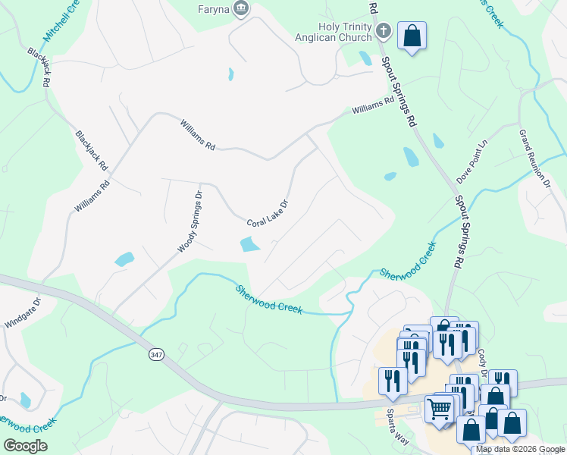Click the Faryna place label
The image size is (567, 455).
(214, 10)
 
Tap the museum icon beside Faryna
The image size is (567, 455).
(242, 9)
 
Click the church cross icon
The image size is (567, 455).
(384, 32)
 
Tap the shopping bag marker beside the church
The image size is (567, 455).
(412, 36)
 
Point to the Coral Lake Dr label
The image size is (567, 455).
(268, 214)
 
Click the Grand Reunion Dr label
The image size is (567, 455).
(534, 158)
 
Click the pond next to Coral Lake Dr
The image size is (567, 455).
(248, 244)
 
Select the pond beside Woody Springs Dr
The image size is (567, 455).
(124, 259)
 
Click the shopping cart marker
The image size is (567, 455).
(440, 409)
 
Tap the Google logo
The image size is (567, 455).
(26, 446)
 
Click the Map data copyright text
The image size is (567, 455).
(520, 449)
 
